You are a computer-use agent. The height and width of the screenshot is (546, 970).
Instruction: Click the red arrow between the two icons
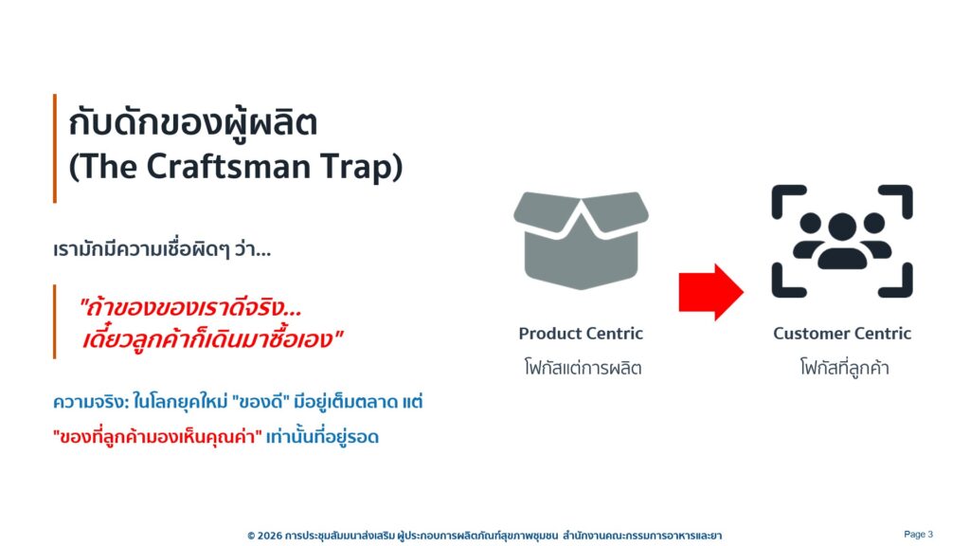[710, 292]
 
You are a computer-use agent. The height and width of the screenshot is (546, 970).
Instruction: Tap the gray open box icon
[581, 240]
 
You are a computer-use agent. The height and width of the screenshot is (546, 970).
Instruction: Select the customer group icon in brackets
[842, 241]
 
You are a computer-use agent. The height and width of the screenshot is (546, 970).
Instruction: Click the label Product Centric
[581, 333]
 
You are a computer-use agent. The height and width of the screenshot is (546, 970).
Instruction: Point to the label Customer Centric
[842, 333]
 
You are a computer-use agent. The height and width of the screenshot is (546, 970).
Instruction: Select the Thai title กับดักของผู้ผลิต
[193, 122]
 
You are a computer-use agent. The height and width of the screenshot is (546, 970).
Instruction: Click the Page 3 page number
[918, 535]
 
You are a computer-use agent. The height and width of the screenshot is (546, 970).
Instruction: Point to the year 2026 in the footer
[269, 536]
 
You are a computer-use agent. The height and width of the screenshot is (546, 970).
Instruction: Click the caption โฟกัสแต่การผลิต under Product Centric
[583, 368]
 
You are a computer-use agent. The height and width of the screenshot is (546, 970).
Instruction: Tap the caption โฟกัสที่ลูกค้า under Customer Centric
[844, 367]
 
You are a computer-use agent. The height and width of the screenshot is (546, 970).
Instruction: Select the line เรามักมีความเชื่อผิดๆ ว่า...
[162, 249]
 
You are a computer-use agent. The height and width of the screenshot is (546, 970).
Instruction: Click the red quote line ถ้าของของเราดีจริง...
[190, 307]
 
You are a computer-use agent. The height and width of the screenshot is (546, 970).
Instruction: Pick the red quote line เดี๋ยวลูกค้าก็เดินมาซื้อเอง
[213, 339]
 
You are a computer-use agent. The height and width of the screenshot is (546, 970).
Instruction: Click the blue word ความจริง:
[91, 402]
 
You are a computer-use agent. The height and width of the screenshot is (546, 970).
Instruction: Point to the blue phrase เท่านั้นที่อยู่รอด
[322, 437]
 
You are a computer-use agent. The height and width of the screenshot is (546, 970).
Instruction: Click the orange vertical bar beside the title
[55, 149]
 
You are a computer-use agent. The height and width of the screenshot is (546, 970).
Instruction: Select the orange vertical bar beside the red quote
[55, 322]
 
